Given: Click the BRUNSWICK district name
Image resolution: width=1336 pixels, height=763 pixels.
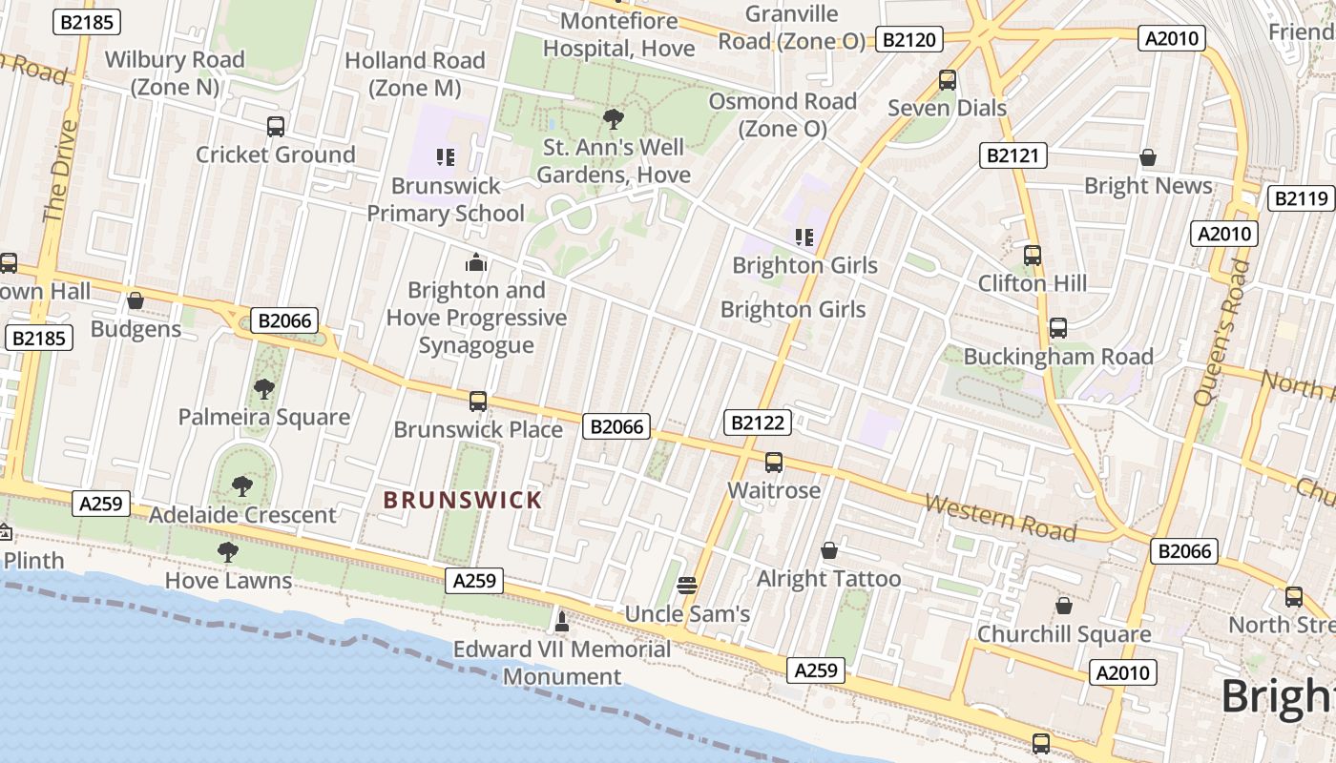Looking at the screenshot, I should (463, 500).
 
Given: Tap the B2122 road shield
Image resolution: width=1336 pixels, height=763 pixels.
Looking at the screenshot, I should (758, 423).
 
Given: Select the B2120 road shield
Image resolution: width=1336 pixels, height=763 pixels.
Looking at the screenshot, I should (910, 39).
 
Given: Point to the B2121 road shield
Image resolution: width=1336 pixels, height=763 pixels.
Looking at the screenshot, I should (1013, 155).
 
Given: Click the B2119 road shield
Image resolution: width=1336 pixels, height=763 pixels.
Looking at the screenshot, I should (1301, 198).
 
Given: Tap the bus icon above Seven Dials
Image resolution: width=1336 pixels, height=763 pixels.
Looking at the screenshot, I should (947, 80).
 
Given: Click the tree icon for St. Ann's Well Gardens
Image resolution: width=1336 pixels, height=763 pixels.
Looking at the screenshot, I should (613, 119).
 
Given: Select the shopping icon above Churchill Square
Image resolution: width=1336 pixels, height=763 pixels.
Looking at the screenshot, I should (1063, 606).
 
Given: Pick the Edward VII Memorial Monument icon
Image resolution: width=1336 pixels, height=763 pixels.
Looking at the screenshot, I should (562, 622).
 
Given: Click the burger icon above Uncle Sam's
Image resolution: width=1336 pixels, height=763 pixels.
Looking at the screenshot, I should (687, 585).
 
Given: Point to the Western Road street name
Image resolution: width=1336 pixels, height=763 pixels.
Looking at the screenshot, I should (1000, 517).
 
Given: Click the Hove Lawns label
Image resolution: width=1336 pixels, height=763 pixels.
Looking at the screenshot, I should (228, 580).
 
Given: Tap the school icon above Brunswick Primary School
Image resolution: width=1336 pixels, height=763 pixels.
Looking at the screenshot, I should (446, 156).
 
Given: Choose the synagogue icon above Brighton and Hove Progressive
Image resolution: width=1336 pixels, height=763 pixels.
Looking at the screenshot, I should (475, 262).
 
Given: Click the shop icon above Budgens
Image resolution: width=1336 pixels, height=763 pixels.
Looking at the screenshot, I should (136, 301).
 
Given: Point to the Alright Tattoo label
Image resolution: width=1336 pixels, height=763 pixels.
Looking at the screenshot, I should (828, 579).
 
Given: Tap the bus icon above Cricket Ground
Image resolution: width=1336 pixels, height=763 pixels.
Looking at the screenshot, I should (275, 126).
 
